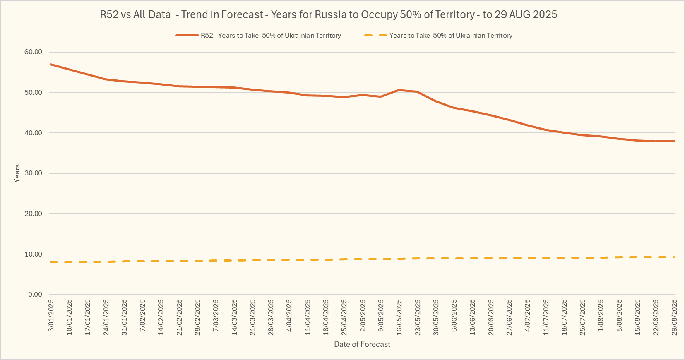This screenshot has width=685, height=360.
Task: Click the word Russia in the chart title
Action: tap(330, 14)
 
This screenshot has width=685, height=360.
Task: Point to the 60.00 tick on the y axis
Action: tap(33, 52)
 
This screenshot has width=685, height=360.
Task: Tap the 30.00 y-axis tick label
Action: tap(33, 173)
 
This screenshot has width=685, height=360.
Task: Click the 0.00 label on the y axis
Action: tap(35, 295)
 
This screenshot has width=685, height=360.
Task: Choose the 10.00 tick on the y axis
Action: tap(33, 254)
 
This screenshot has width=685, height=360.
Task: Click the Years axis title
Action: tap(17, 173)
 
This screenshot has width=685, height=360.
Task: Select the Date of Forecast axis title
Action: tap(362, 344)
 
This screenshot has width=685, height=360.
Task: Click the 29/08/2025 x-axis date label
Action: tap(674, 317)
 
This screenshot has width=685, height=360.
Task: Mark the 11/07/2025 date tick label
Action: tap(546, 317)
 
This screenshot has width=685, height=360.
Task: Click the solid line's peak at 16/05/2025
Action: tap(399, 90)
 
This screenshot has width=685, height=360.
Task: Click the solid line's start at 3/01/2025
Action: tap(50, 64)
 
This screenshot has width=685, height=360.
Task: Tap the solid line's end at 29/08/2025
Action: tap(674, 141)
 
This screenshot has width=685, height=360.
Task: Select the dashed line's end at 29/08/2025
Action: tap(674, 257)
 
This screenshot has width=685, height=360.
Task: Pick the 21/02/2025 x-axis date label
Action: tap(180, 317)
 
